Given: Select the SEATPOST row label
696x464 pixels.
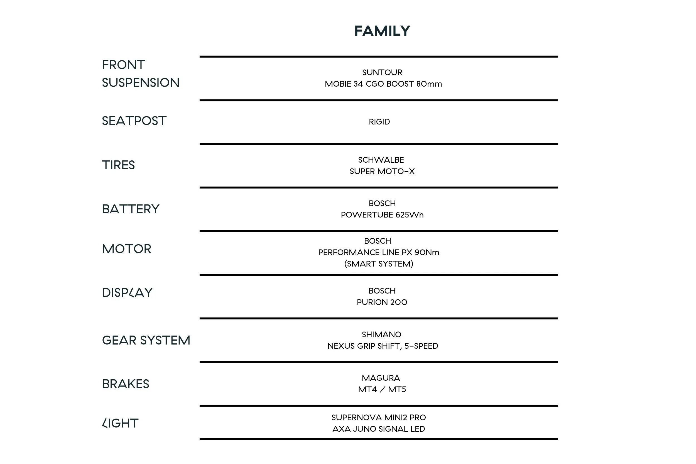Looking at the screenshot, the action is coord(134,121).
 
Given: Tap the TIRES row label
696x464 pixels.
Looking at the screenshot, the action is coord(118,165).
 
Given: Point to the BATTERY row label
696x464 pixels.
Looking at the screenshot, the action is coord(131,209).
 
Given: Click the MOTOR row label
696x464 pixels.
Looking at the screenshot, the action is coord(127,249).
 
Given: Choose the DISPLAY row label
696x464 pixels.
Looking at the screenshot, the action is coord(127,293).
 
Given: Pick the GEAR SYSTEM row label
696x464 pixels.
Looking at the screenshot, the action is coord(146,340).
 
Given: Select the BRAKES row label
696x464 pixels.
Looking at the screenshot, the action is coord(125,384).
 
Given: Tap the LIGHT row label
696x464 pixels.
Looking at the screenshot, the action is coord(120,423).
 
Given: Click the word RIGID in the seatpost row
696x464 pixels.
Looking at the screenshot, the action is coord(379,122).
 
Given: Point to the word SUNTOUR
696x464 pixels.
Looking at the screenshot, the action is coord(382,72).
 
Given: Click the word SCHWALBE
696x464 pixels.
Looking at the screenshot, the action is coord(381,160).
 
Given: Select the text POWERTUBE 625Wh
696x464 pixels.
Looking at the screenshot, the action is coord(382,215).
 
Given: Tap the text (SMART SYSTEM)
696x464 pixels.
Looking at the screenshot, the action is coord(379,264).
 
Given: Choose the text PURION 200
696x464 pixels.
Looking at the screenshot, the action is coord(382,302).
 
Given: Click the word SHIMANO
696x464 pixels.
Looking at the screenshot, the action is coord(382,334).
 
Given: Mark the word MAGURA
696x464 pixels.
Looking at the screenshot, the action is coord(381,378).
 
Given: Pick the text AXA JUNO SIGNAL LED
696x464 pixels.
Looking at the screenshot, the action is coord(379,429).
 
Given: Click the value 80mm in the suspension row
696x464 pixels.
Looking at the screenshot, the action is coord(429,84).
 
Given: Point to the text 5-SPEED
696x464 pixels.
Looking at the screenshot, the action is coord(421,346).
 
